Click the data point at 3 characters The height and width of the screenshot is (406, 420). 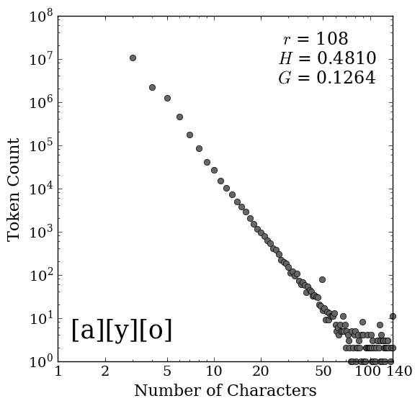coord(133,58)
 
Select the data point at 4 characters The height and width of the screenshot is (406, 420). coord(152,88)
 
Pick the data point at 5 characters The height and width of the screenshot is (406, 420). coord(167,98)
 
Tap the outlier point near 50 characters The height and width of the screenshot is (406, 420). coord(322,280)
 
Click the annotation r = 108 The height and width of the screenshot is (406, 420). coord(316,39)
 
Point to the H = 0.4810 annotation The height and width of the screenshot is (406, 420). coord(327,58)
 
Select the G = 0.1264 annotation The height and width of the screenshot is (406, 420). coord(327,78)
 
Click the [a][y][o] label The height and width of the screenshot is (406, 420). coord(122,330)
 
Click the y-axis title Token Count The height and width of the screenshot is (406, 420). coord(14,190)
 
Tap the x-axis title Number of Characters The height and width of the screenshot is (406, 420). coord(225,391)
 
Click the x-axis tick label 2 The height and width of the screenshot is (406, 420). coord(105,371)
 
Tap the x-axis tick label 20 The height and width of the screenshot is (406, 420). coord(261,371)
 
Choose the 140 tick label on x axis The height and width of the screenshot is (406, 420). coord(400,371)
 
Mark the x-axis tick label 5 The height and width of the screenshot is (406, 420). coord(167,371)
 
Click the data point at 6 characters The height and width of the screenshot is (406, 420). coord(179,117)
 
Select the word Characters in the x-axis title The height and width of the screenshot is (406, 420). coord(272,391)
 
